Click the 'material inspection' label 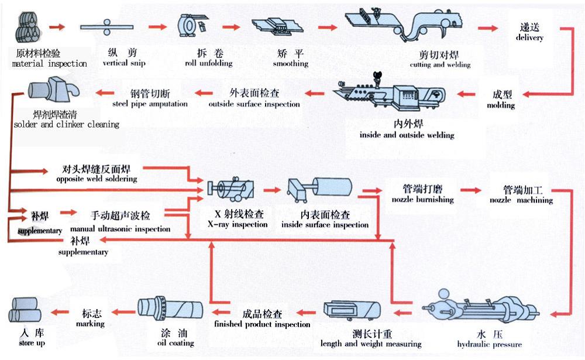(49, 63)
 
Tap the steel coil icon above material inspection (29, 27)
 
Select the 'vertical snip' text (123, 63)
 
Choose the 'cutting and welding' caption (440, 64)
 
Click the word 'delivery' (529, 37)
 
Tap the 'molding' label (501, 105)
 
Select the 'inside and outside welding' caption (407, 135)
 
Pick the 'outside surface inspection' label (254, 104)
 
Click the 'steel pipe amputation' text (150, 104)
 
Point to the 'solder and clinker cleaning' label (66, 124)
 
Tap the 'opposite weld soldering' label (97, 179)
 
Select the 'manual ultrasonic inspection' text (120, 229)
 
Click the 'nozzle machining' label (522, 200)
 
